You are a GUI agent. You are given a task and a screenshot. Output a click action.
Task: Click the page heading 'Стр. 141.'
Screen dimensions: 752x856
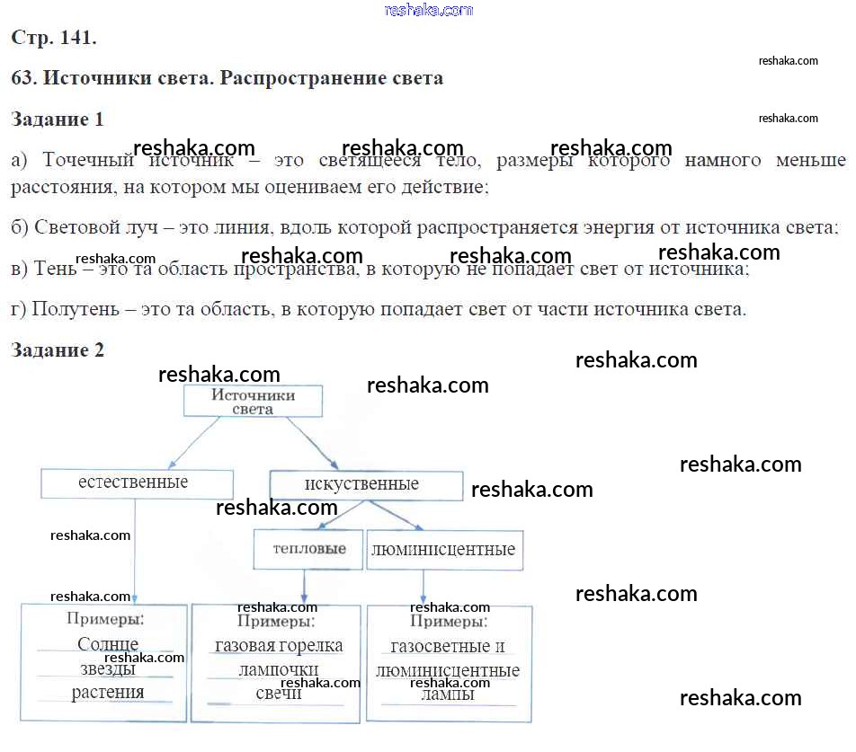54,38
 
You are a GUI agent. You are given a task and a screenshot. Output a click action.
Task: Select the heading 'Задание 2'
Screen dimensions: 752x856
58,350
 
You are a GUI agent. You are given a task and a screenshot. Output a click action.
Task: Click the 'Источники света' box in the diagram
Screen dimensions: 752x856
253,402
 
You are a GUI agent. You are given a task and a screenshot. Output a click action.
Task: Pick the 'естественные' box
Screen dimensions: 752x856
137,483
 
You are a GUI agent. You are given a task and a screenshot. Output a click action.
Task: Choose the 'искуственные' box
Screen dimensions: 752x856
366,485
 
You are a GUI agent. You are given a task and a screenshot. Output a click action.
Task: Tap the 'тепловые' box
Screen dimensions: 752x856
307,549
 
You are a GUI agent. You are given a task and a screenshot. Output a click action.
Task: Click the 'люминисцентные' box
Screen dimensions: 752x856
444,549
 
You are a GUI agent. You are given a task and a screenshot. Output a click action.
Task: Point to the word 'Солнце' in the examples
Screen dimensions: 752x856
108,644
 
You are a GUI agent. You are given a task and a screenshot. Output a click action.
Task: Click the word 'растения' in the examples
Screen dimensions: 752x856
108,693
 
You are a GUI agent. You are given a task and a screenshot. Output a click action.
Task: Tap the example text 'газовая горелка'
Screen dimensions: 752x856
279,646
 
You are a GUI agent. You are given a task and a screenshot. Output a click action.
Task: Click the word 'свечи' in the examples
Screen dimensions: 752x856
279,694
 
